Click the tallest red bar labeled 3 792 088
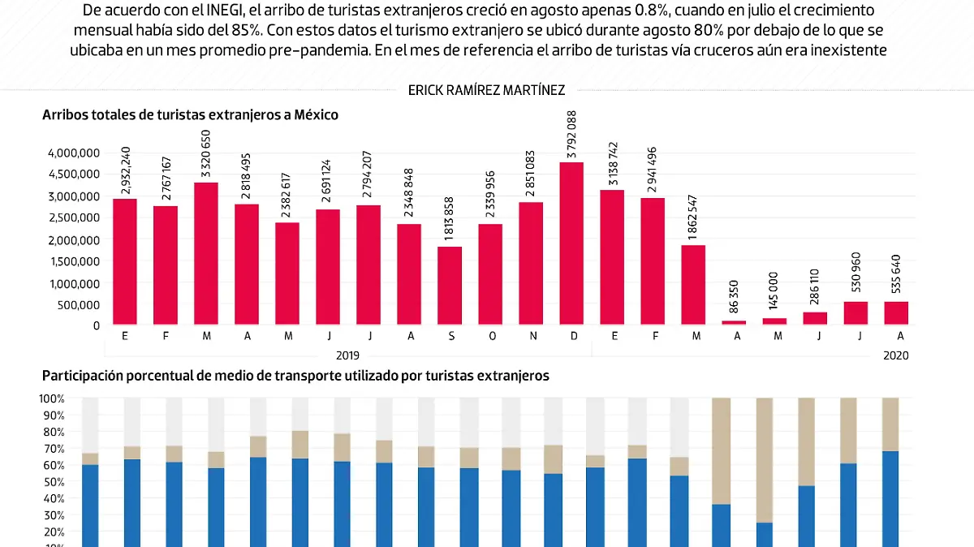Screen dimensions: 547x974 click(x=571, y=243)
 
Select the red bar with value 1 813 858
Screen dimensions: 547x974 click(x=450, y=285)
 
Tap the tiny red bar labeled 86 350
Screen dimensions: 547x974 click(x=734, y=322)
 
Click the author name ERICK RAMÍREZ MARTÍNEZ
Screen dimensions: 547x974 click(x=486, y=90)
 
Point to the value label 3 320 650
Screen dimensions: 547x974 click(x=206, y=153)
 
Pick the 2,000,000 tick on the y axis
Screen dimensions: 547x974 click(x=72, y=239)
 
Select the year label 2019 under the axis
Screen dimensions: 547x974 click(x=347, y=355)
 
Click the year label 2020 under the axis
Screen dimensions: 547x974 click(x=896, y=355)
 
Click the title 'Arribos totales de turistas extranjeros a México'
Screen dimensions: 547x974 click(x=190, y=115)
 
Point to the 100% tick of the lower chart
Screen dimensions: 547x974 click(x=52, y=398)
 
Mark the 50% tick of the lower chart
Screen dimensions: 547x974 click(x=54, y=482)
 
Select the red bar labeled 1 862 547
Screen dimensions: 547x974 click(x=693, y=284)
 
